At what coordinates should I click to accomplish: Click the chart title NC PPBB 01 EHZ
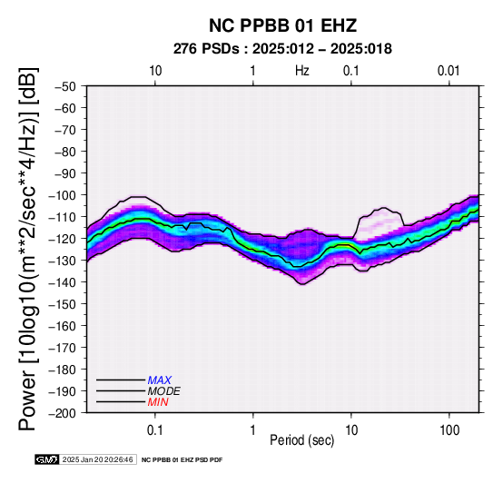[x=282, y=25]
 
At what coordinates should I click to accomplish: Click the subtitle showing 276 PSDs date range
[x=282, y=49]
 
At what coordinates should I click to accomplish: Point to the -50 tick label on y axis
[x=64, y=86]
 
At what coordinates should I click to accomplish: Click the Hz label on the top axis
[x=302, y=71]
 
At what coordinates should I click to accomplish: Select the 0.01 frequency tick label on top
[x=449, y=71]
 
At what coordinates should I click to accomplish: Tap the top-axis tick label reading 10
[x=155, y=71]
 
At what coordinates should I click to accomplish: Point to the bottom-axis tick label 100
[x=449, y=430]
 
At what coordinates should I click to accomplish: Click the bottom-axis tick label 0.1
[x=155, y=430]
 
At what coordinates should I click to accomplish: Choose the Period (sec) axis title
[x=301, y=440]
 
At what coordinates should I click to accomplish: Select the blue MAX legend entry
[x=160, y=380]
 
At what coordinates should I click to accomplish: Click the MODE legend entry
[x=164, y=391]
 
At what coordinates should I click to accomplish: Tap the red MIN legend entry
[x=158, y=402]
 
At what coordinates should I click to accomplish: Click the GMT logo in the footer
[x=47, y=459]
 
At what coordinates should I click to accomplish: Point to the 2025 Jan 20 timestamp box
[x=98, y=459]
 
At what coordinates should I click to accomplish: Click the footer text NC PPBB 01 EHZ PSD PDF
[x=182, y=460]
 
